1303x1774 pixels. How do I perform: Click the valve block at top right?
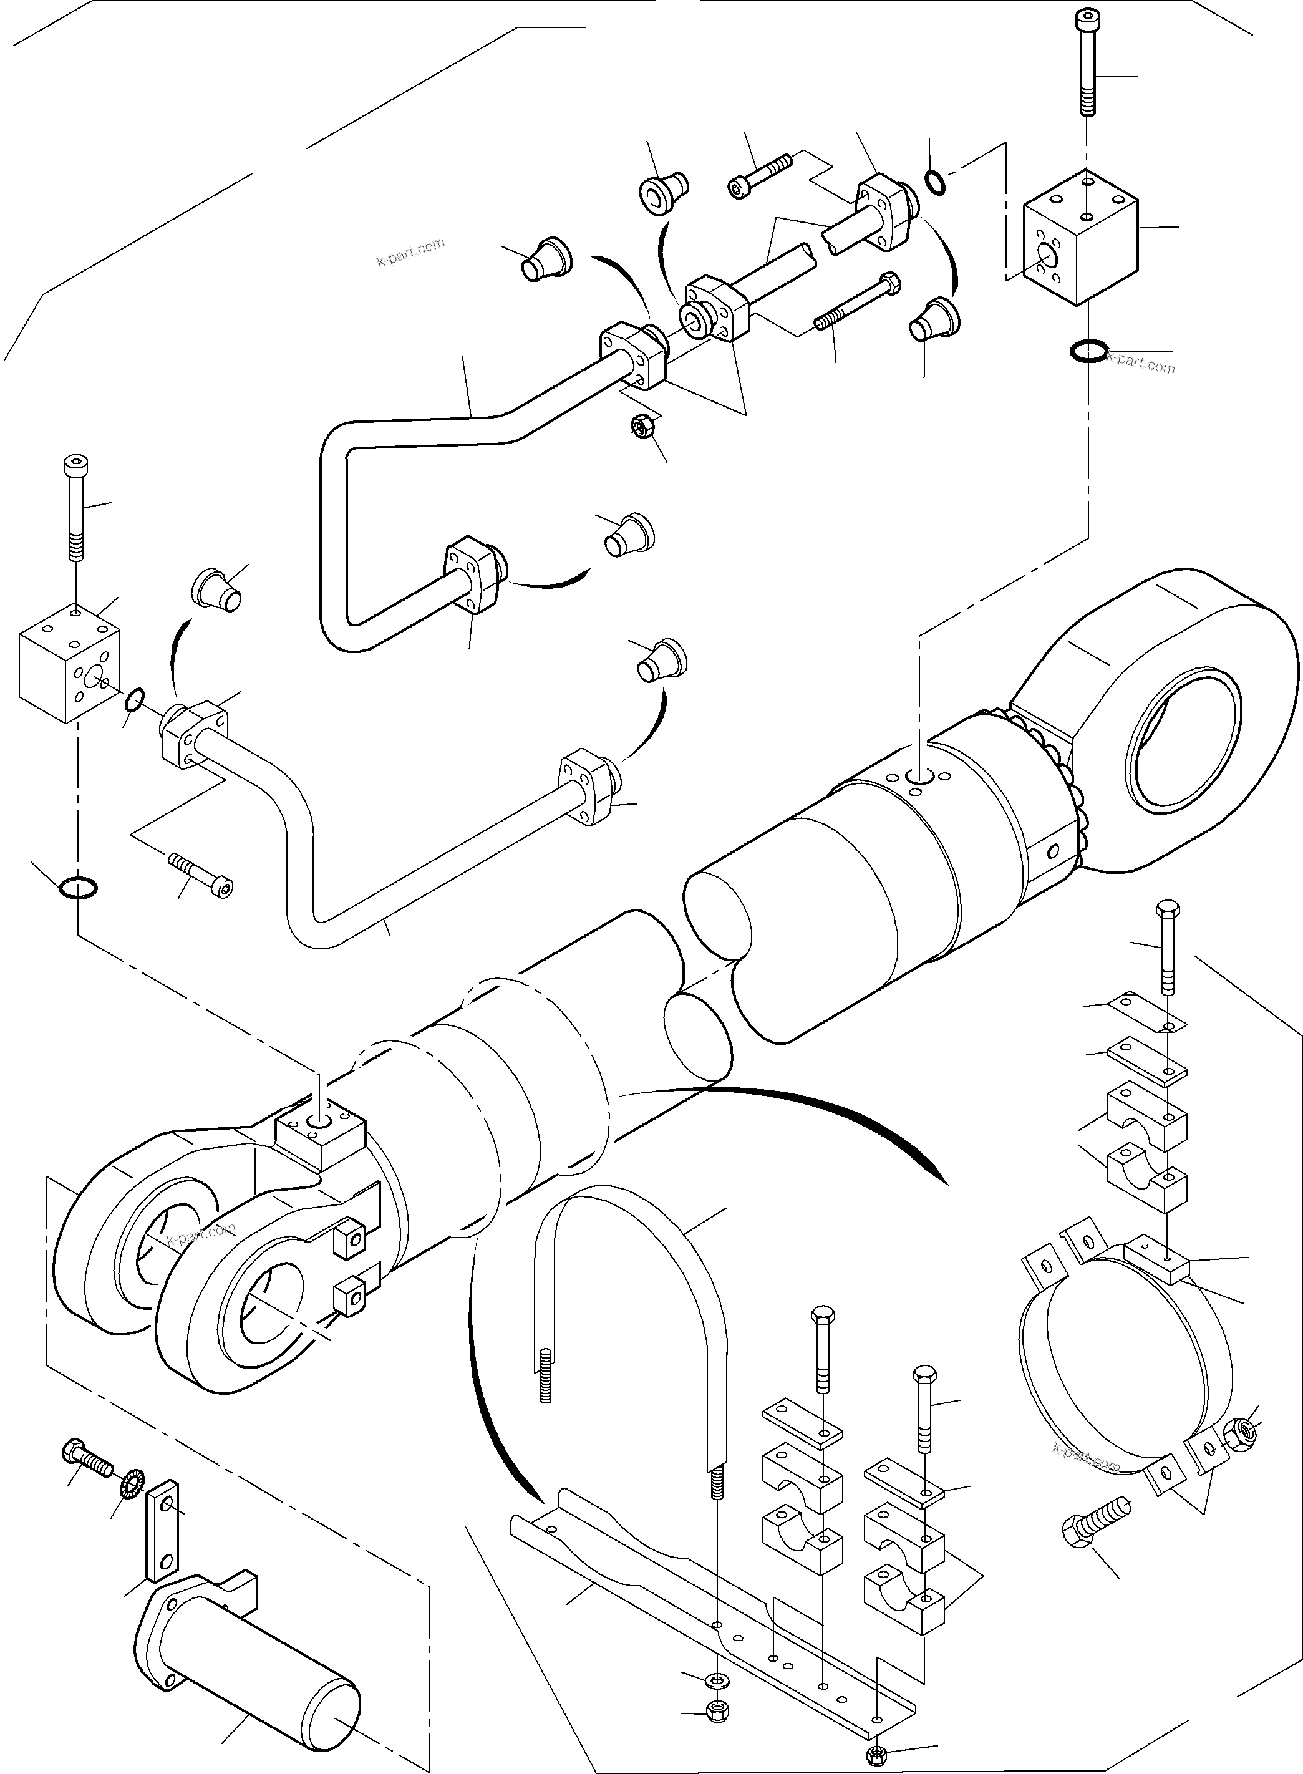(x=1080, y=236)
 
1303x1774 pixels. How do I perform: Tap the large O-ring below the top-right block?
(x=1088, y=350)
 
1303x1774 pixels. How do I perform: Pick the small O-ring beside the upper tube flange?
(x=934, y=182)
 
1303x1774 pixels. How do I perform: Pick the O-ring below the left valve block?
(x=79, y=886)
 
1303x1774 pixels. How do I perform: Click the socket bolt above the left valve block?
(x=75, y=505)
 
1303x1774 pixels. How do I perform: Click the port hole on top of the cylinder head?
(x=919, y=777)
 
